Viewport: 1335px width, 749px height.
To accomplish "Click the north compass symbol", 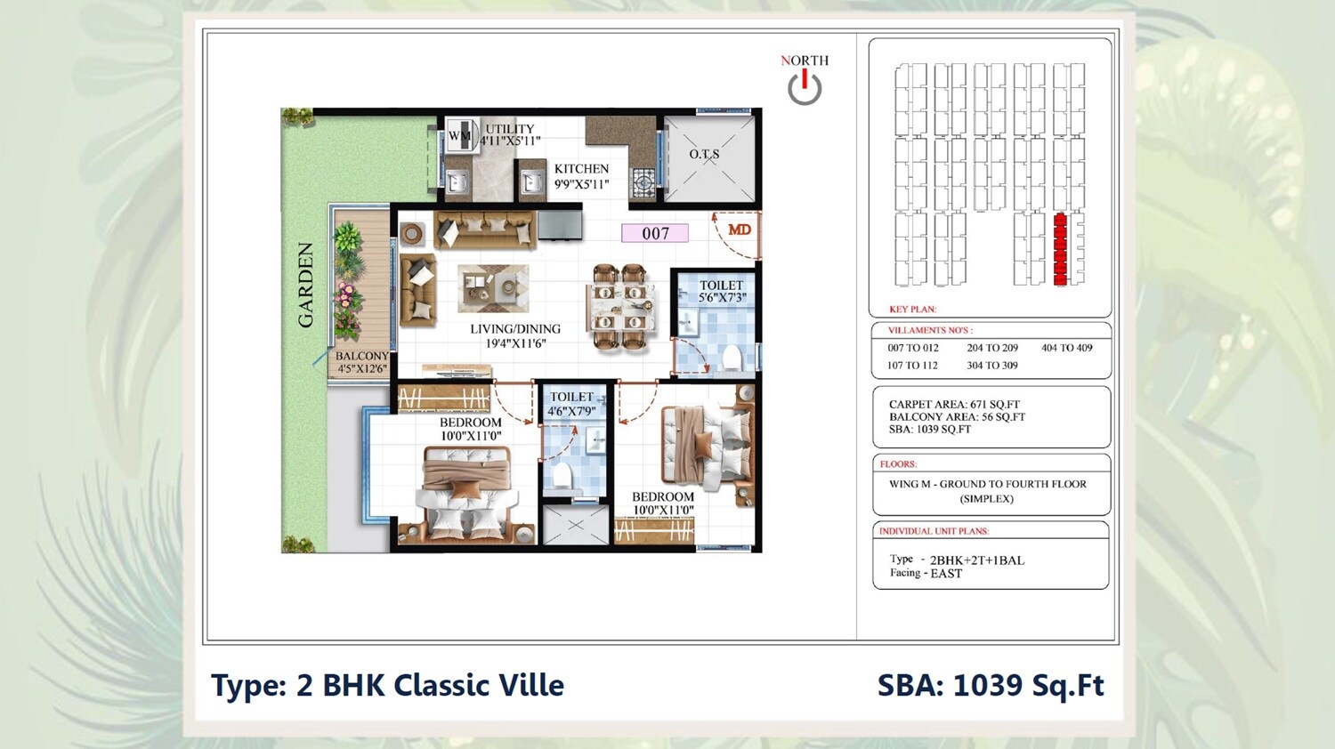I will (x=804, y=87).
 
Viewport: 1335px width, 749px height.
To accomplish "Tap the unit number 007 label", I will (x=655, y=233).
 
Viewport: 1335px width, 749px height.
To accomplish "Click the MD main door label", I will (x=740, y=230).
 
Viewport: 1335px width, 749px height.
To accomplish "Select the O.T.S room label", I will (x=704, y=155).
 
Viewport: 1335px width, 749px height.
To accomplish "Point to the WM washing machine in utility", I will (x=460, y=136).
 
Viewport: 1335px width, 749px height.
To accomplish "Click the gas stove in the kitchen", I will (x=643, y=183).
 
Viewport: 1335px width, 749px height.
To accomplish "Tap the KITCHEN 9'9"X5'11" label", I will (x=581, y=176).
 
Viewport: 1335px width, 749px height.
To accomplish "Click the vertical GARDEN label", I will (x=305, y=285).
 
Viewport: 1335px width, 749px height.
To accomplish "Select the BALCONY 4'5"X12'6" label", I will (x=361, y=362).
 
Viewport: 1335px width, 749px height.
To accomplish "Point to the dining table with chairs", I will (x=620, y=307).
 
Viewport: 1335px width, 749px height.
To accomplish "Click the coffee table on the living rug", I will (x=492, y=286).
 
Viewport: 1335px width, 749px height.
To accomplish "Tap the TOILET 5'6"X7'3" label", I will (x=721, y=292).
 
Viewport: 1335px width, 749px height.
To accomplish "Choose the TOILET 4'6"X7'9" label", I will (x=571, y=404).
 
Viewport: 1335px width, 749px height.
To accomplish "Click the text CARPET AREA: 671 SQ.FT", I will (x=954, y=404).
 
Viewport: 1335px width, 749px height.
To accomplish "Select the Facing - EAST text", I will (x=926, y=574).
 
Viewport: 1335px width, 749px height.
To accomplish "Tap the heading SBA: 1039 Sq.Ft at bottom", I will (x=990, y=686).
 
